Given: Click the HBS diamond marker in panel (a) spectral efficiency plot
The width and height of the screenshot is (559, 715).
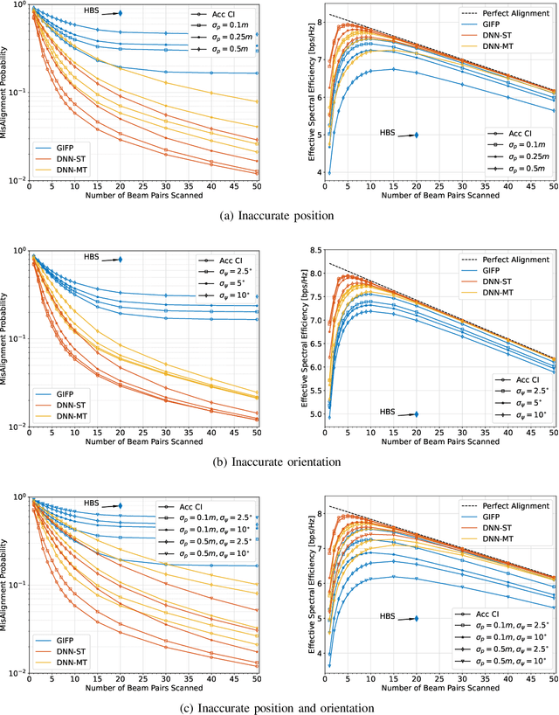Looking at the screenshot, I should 417,135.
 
